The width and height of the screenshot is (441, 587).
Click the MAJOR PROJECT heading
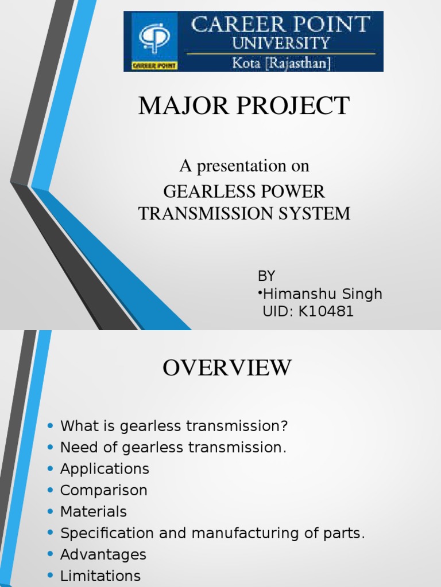(x=243, y=107)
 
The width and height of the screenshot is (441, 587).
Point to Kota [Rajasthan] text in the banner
(x=281, y=62)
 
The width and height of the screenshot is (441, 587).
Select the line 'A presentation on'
(x=244, y=166)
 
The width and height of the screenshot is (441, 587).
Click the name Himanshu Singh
(x=322, y=293)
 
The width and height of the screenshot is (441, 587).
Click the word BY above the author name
(x=266, y=276)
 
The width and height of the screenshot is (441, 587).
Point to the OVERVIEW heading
(x=227, y=368)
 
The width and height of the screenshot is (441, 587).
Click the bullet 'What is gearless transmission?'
(x=173, y=426)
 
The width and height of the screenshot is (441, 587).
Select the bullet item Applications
(x=105, y=469)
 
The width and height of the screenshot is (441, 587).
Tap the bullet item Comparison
(x=104, y=490)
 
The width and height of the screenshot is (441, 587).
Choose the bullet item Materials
(x=94, y=511)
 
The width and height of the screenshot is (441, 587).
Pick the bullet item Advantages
(x=103, y=554)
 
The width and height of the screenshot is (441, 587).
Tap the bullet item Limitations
(x=100, y=576)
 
